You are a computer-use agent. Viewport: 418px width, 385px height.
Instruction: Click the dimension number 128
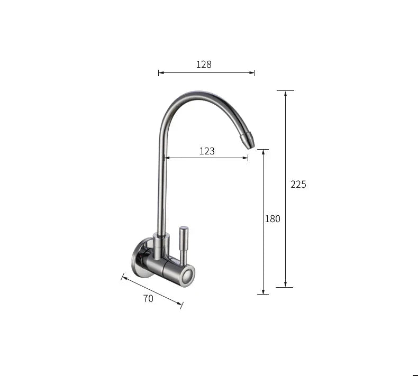pos(204,65)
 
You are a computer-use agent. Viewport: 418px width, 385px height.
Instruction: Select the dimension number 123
pos(207,151)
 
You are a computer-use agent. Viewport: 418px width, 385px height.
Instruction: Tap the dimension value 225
pos(298,185)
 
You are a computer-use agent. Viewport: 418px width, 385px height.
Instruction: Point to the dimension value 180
pos(272,219)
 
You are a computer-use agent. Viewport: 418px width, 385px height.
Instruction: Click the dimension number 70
pos(148,298)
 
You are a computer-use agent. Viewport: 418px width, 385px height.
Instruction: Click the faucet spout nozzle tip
pos(248,141)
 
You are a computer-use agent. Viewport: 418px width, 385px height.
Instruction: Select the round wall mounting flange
pos(140,259)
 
